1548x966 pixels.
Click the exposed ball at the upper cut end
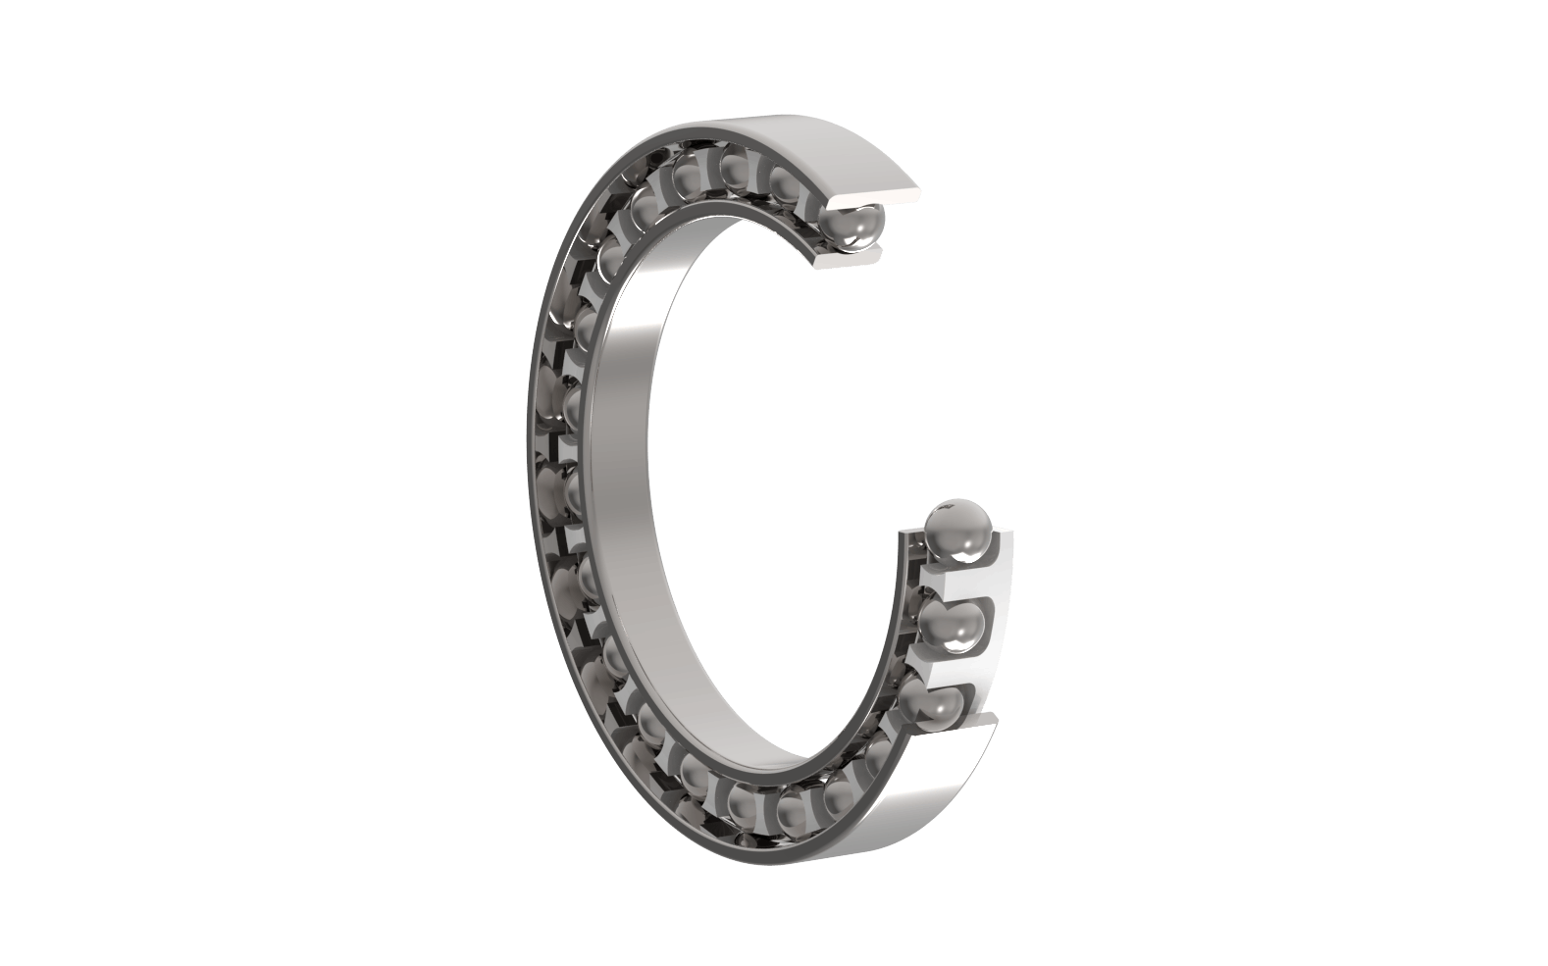coord(851,228)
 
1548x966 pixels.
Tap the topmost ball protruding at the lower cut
coord(957,531)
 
